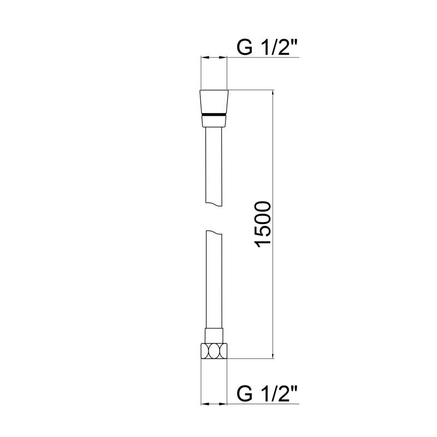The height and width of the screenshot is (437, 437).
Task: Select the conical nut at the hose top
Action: [x=214, y=108]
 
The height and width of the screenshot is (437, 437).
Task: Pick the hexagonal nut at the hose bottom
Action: [x=214, y=351]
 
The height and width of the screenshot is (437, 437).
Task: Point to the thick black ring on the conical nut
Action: [x=214, y=115]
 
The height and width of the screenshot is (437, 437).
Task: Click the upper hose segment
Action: [x=214, y=167]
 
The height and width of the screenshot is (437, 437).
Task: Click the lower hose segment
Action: [x=214, y=279]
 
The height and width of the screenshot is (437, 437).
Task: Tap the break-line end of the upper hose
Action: [x=214, y=204]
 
